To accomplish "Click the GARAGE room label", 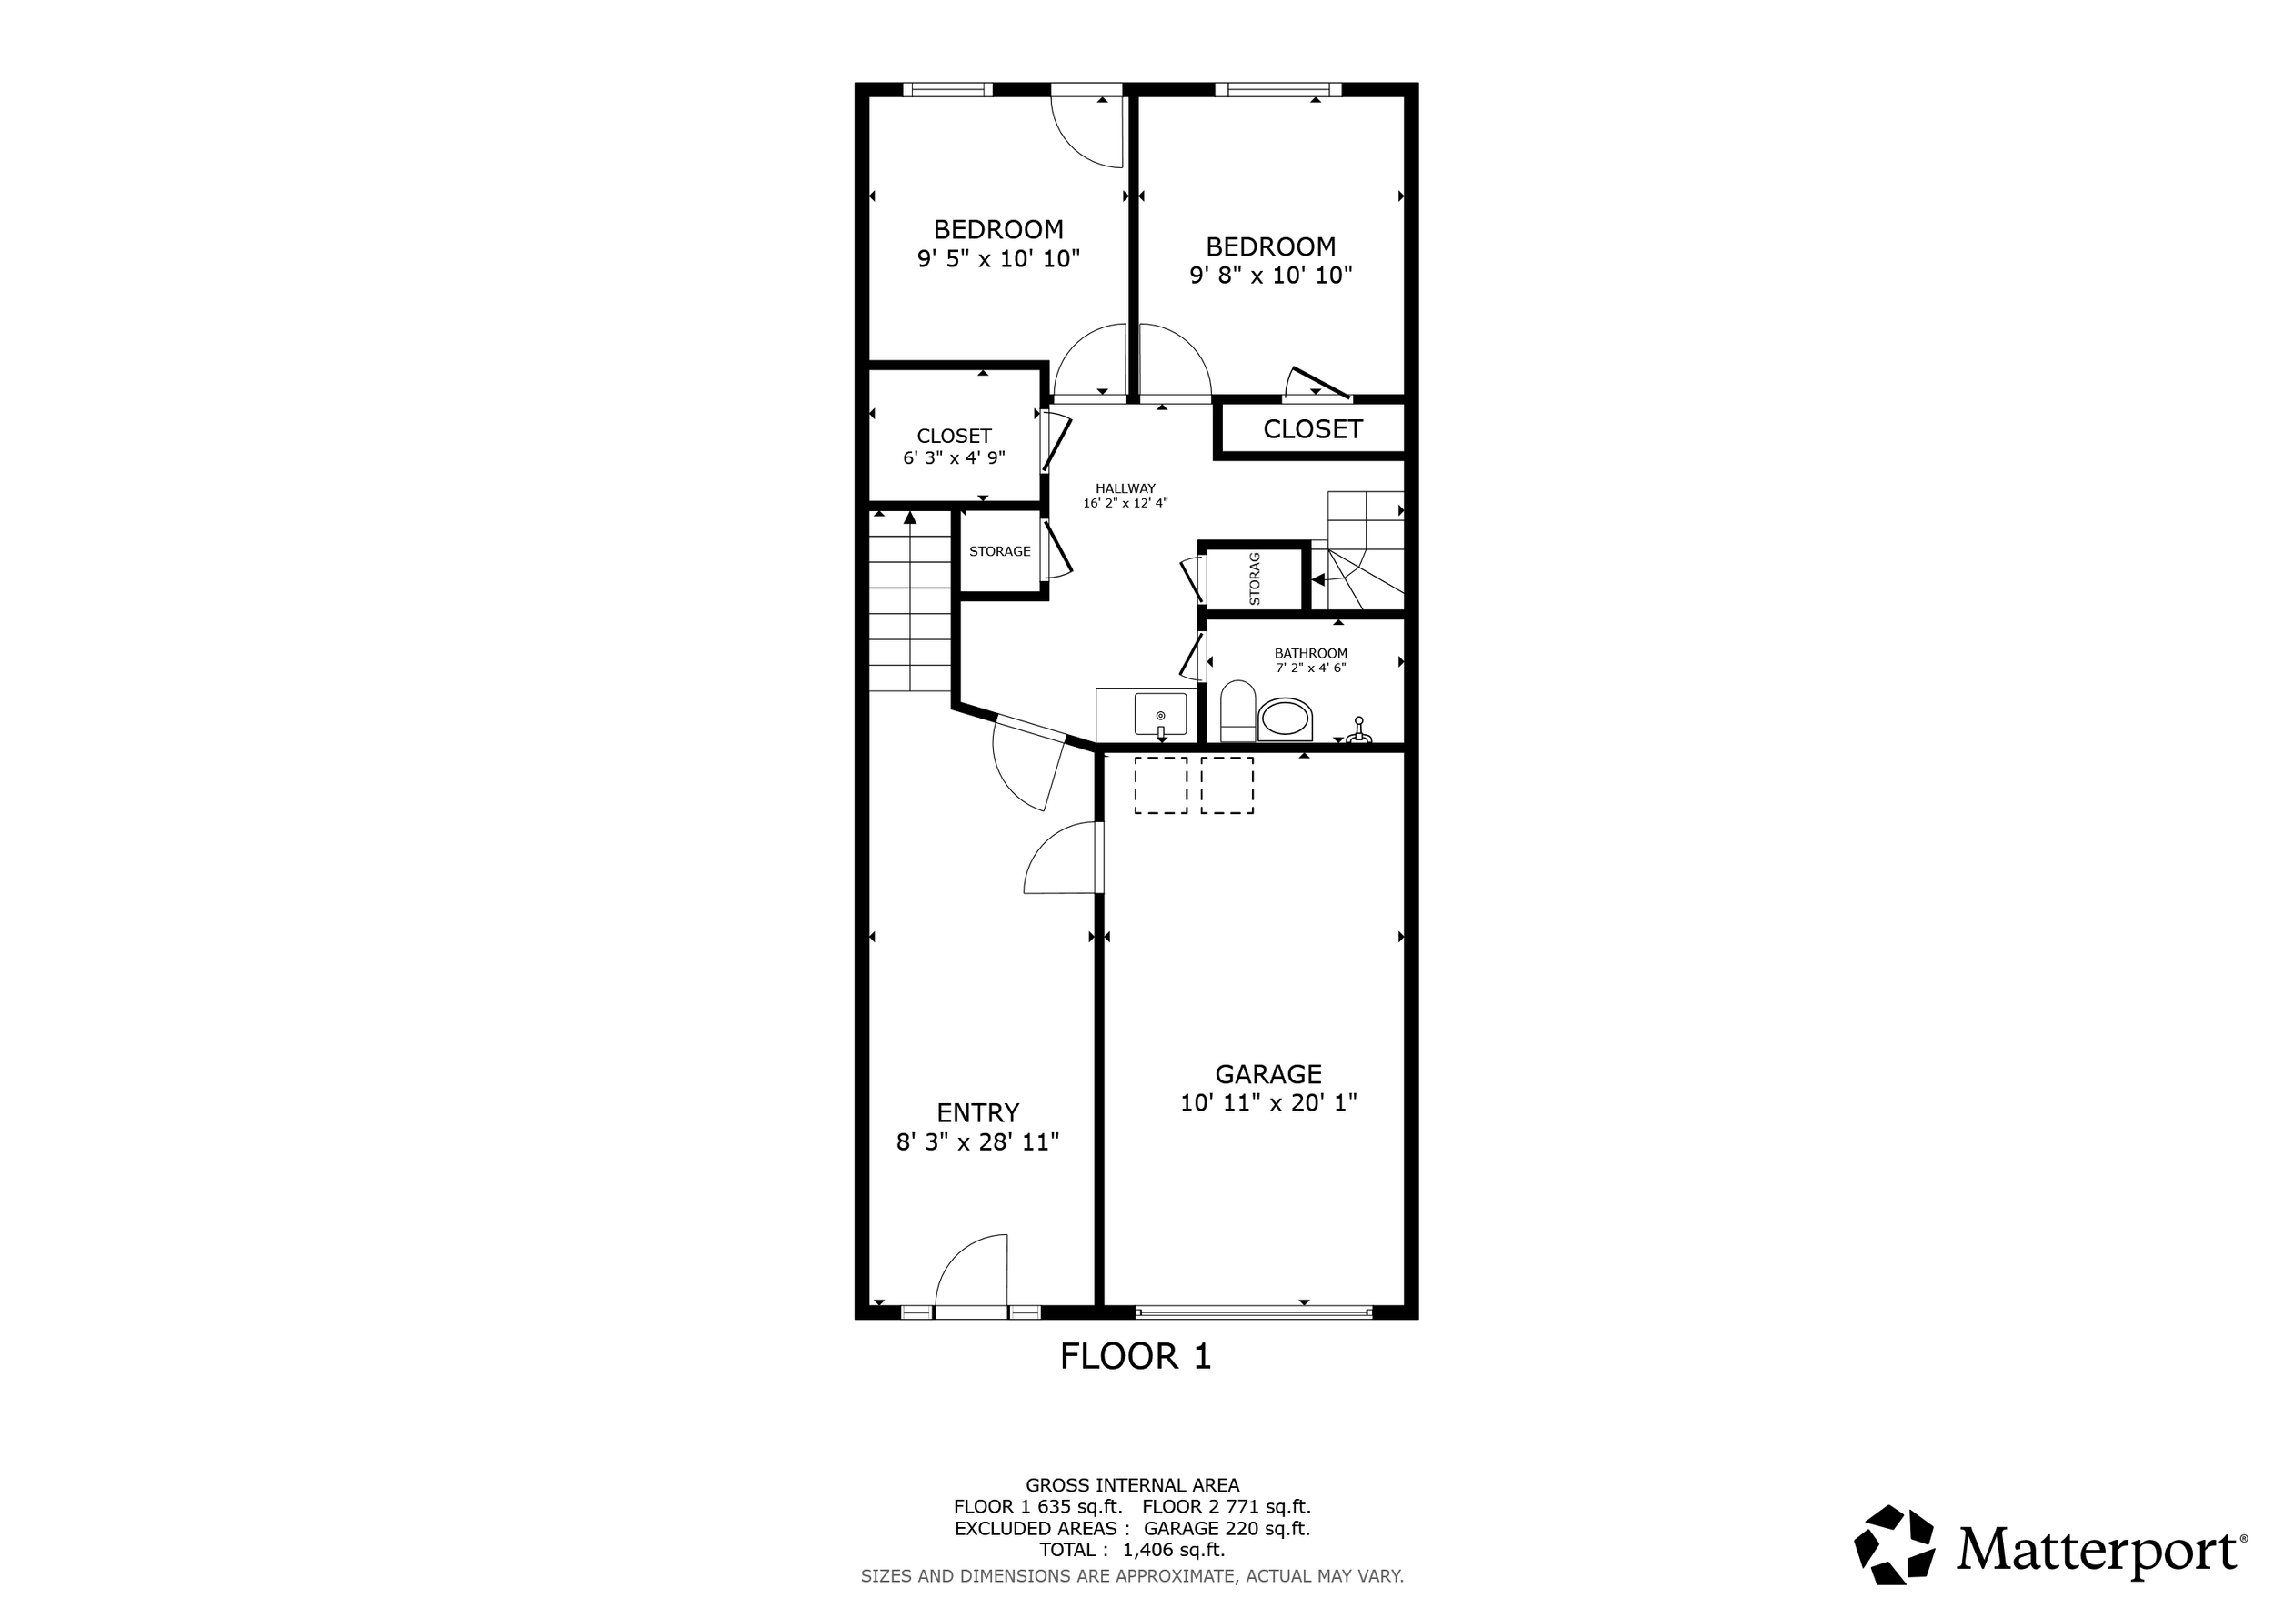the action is (x=1268, y=1074).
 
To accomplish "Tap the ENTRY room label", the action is (x=978, y=1113).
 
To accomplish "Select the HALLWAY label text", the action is (x=1126, y=488).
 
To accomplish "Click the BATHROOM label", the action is (x=1311, y=654).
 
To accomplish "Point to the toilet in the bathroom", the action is (x=1237, y=710).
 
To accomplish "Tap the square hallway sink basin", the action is (x=1160, y=715).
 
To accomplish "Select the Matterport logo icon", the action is (x=1894, y=1544).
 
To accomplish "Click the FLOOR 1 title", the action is (x=1136, y=1356).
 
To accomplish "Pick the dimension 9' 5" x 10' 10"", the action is (x=999, y=259).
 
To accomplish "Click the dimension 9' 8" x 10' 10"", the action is (x=1271, y=276).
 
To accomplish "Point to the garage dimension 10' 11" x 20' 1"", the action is (x=1268, y=1103).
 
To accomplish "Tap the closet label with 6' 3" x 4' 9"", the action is (x=955, y=446).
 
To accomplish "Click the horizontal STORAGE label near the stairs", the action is (x=1000, y=551).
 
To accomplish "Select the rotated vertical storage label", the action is (x=1255, y=579).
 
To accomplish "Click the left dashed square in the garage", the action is (x=1160, y=785).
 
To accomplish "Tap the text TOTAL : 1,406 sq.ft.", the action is (x=1132, y=1550).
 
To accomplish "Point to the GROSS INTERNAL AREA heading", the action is (x=1133, y=1485).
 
